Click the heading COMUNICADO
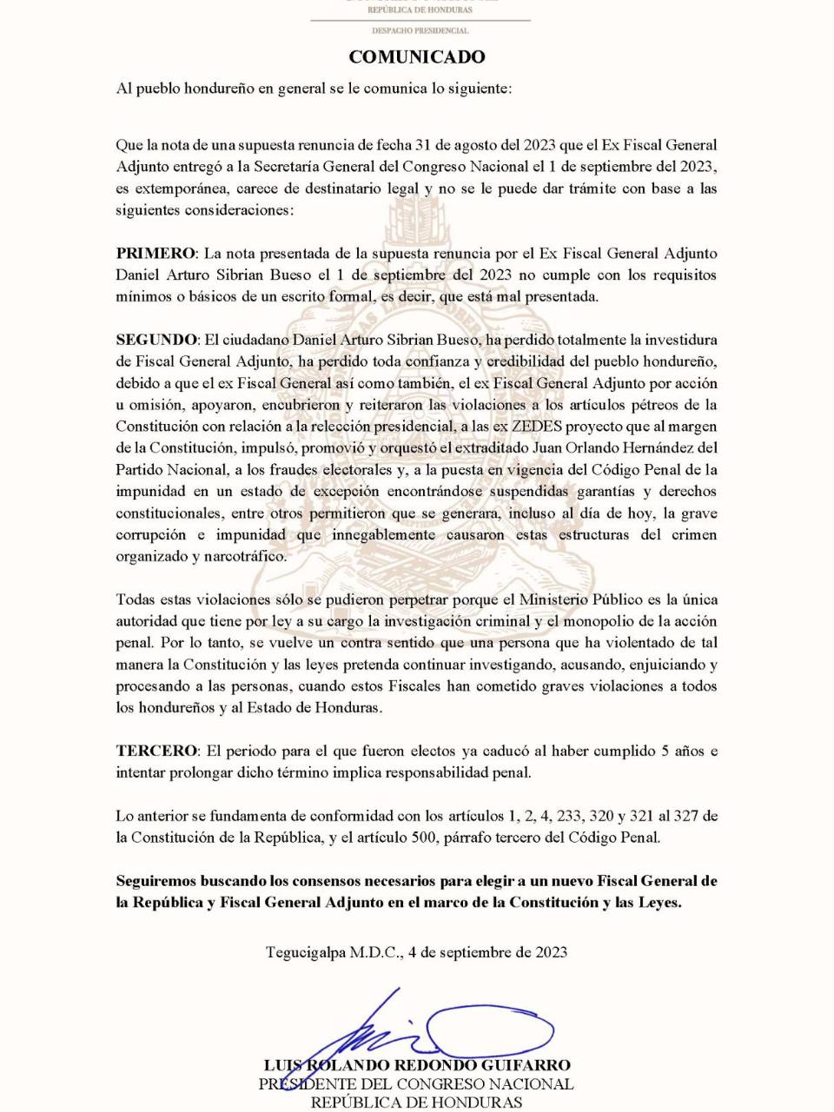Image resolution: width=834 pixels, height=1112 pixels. click(417, 57)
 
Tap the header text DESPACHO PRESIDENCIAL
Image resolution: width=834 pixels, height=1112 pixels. click(420, 30)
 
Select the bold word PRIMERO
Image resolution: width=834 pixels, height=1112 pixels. click(156, 254)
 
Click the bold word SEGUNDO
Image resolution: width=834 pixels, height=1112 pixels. click(157, 340)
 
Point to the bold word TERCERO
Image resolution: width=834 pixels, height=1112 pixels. click(157, 751)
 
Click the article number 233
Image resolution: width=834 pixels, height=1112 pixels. click(569, 816)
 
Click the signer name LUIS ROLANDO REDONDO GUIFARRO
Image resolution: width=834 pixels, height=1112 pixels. click(417, 1065)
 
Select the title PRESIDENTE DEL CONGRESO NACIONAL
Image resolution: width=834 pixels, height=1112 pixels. click(416, 1084)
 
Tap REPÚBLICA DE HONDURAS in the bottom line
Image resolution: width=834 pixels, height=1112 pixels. click(416, 1102)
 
